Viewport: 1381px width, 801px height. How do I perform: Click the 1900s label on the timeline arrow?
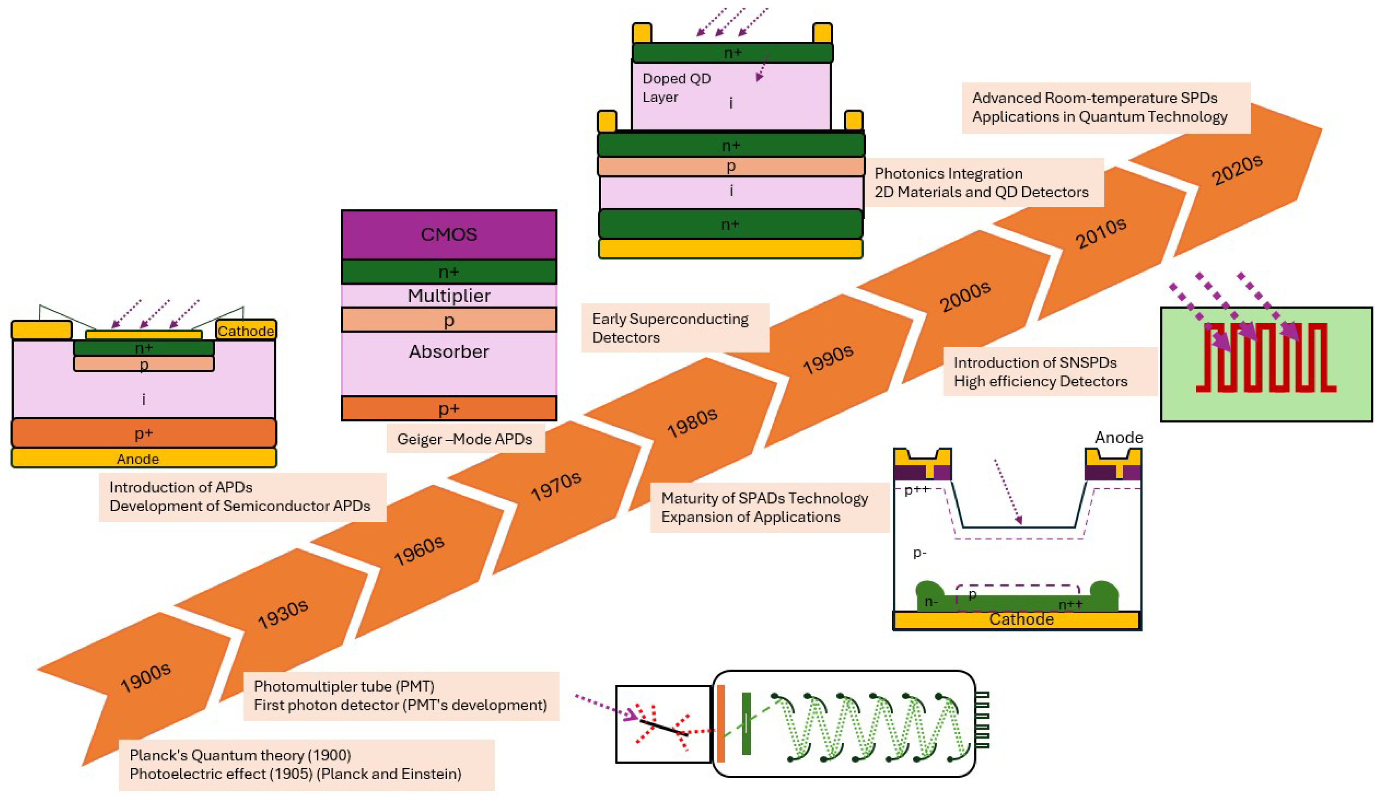pos(146,678)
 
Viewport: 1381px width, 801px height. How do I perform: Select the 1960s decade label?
pos(419,550)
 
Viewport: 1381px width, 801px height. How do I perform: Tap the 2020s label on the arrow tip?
pos(1237,170)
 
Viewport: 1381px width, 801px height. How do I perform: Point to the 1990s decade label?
pos(828,359)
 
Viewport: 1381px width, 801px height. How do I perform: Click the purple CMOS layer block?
pos(449,235)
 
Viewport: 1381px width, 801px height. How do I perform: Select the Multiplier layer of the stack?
pos(449,296)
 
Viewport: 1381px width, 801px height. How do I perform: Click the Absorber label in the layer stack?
pos(449,352)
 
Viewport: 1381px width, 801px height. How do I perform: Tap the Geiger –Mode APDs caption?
pos(465,439)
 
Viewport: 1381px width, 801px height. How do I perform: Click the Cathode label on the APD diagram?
pos(245,331)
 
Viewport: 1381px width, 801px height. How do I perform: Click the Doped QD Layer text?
pos(676,88)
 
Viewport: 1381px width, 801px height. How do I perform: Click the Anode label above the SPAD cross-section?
pos(1118,437)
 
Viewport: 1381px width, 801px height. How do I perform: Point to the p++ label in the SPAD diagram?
pos(916,489)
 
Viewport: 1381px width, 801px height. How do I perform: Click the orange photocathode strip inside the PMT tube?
pos(720,723)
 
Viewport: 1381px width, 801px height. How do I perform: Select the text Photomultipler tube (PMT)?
pos(344,686)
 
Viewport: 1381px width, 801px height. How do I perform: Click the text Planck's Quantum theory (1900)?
pos(240,756)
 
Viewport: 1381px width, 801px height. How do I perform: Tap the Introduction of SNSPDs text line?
pos(1035,363)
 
